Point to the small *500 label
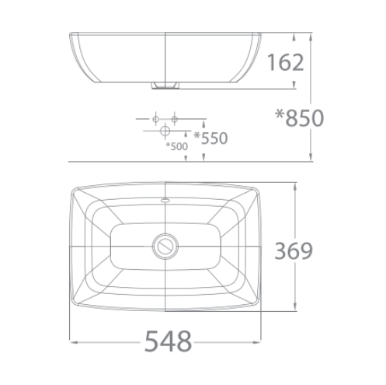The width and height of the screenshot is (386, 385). [176, 146]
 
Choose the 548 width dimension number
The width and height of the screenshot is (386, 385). [168, 340]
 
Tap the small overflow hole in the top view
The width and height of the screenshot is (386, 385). [165, 201]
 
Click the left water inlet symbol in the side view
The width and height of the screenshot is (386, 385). [156, 117]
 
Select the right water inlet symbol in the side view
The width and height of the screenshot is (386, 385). [175, 117]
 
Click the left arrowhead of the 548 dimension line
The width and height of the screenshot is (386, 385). [71, 341]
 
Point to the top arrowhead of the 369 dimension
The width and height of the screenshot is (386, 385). [296, 187]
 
